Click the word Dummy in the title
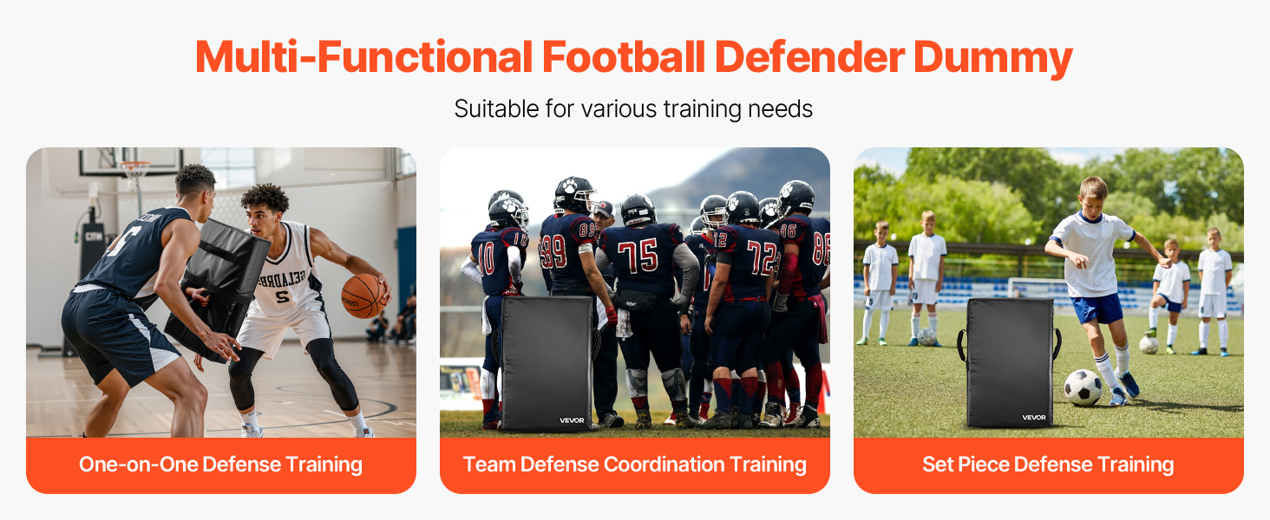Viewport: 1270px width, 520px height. click(992, 57)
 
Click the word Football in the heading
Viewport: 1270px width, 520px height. click(623, 57)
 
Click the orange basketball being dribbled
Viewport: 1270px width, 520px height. click(364, 296)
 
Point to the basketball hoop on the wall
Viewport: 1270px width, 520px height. click(136, 170)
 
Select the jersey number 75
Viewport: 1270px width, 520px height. click(638, 256)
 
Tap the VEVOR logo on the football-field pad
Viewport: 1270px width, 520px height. click(572, 420)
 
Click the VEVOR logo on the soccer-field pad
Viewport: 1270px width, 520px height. click(1033, 418)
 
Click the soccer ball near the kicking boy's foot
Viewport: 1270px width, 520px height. click(1083, 388)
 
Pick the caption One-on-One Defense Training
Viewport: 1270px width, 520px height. click(220, 465)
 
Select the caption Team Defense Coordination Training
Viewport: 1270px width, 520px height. click(634, 465)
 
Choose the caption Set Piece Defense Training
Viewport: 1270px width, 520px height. click(1048, 465)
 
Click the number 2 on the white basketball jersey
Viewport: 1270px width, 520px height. click(282, 296)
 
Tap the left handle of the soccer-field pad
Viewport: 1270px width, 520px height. click(961, 344)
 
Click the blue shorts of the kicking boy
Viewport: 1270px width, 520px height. click(1097, 309)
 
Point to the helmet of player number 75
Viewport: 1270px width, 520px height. click(638, 210)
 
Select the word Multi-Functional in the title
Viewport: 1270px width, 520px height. click(363, 57)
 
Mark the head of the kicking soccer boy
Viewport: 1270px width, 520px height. click(1092, 196)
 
